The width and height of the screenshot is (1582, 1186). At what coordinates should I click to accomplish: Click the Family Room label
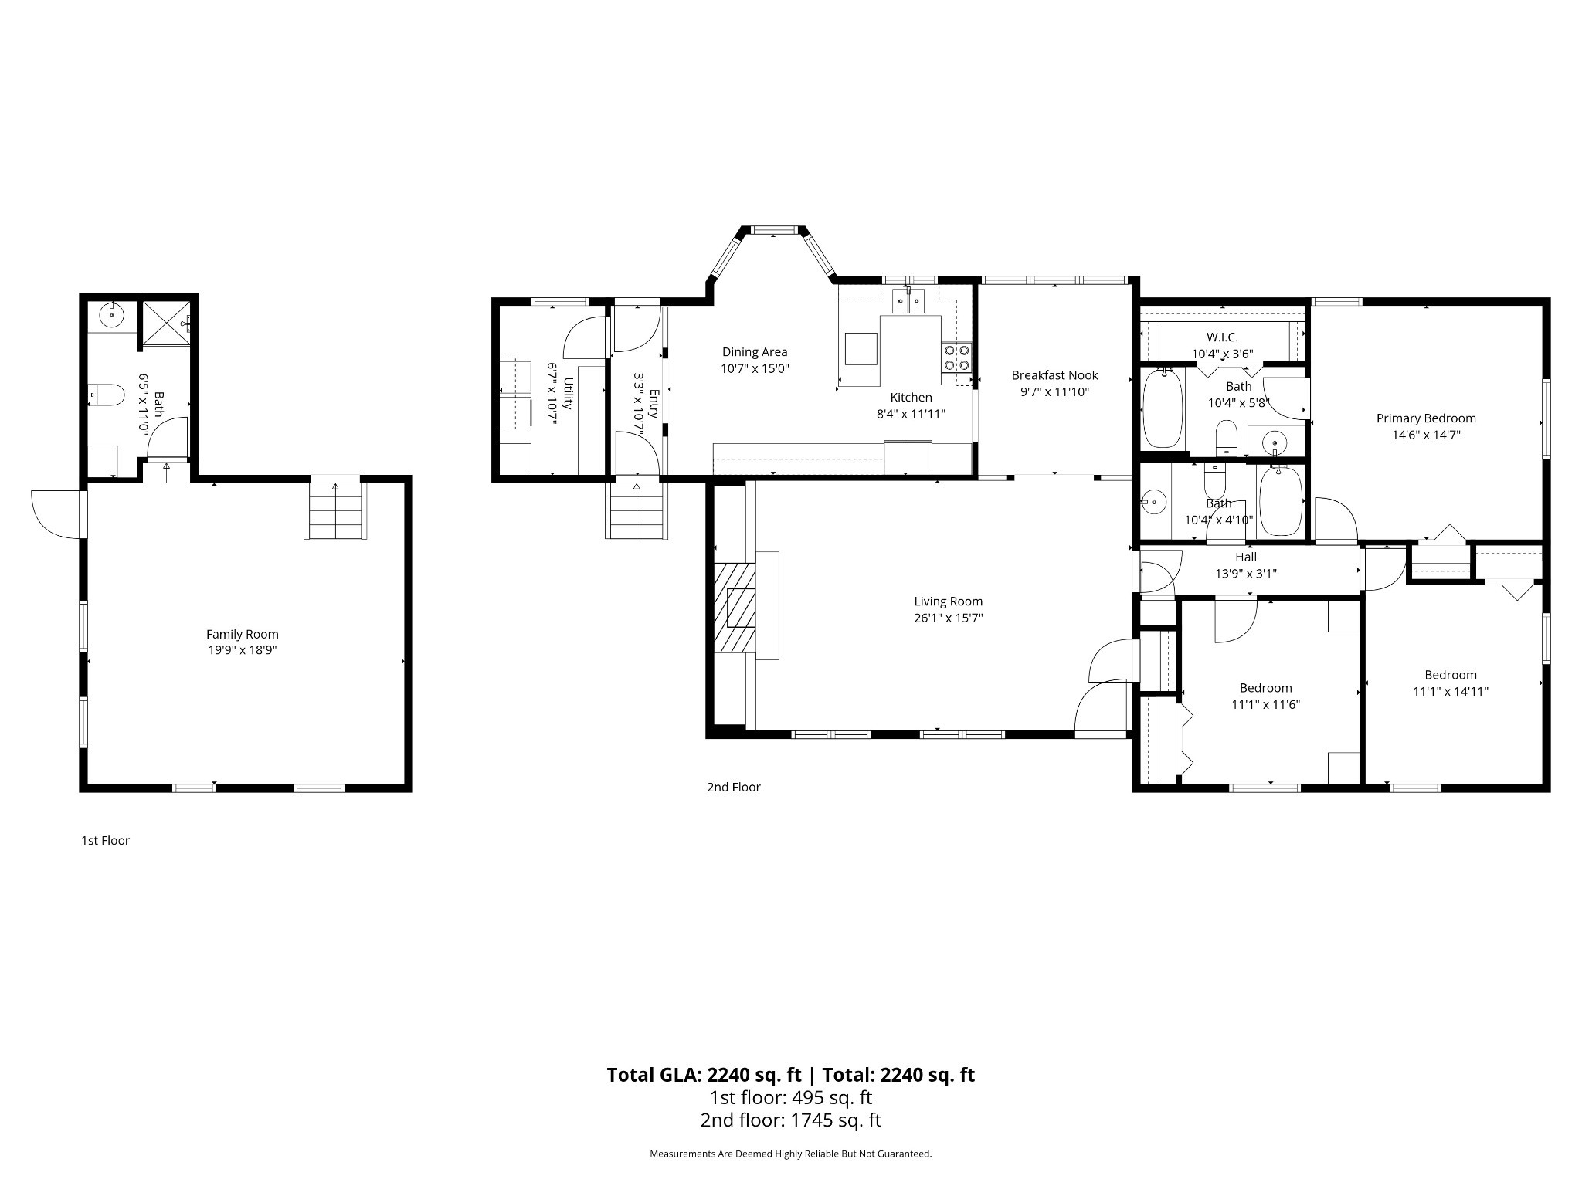point(242,634)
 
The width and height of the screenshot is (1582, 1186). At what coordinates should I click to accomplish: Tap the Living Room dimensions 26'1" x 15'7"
point(948,618)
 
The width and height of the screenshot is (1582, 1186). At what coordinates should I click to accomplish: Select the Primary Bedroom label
point(1426,418)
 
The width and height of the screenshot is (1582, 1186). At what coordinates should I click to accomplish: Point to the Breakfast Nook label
point(1054,375)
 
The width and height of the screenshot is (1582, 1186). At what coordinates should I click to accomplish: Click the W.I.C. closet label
point(1222,337)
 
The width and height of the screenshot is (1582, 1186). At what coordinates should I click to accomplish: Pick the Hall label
point(1246,557)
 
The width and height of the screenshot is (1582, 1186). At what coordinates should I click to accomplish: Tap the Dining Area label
point(755,352)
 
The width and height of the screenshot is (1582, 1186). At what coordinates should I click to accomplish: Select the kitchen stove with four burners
point(956,357)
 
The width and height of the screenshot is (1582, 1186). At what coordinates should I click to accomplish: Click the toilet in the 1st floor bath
point(107,395)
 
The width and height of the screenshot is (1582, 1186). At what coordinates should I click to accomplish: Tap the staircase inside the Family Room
point(335,510)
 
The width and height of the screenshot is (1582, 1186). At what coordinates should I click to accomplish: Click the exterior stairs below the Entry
point(637,510)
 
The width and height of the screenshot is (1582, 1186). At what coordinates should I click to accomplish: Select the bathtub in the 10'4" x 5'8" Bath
point(1163,408)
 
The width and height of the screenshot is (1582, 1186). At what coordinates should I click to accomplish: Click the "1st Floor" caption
point(105,840)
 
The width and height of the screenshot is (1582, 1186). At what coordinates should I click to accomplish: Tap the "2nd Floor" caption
point(734,787)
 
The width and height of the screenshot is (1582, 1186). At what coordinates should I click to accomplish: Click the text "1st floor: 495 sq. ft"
point(791,1097)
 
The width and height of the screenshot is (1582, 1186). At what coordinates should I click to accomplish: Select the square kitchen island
point(861,348)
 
